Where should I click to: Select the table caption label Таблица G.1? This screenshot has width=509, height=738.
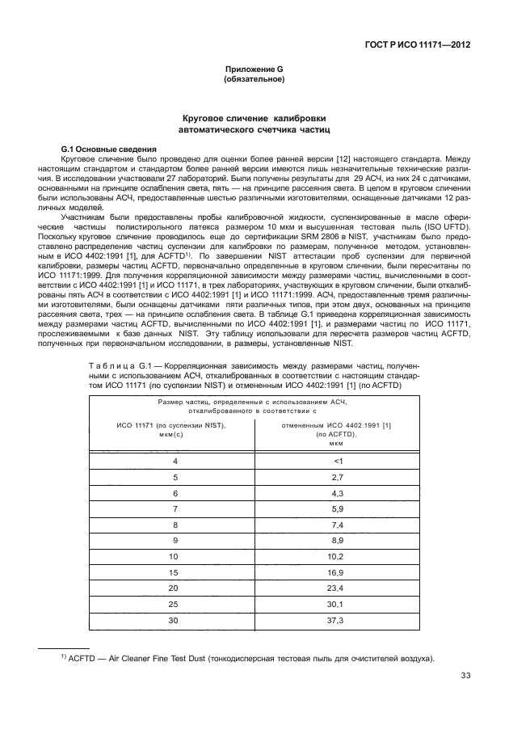pyautogui.click(x=119, y=366)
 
